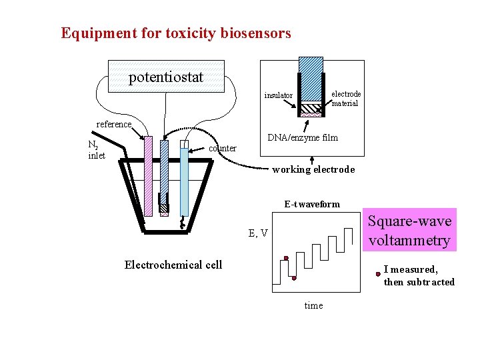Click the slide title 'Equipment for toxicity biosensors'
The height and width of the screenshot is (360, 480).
176,33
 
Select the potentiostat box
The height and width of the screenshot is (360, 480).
166,77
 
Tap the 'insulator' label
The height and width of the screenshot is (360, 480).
278,95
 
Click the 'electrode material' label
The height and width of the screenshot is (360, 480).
346,99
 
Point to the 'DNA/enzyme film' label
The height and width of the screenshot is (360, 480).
302,137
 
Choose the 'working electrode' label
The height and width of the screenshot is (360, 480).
313,169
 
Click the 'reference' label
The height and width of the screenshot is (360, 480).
115,124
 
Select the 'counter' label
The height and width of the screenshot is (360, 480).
223,148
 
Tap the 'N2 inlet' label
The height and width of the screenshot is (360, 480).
97,150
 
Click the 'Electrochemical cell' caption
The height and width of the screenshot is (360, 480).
173,265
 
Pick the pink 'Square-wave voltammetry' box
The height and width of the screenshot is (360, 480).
410,231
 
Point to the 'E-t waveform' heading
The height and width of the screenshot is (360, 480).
312,204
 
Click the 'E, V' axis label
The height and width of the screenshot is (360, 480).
258,233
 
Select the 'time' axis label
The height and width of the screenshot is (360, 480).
313,305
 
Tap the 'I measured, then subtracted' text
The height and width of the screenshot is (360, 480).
419,275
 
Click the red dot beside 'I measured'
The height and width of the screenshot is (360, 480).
378,273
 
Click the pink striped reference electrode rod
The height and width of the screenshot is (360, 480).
148,177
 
